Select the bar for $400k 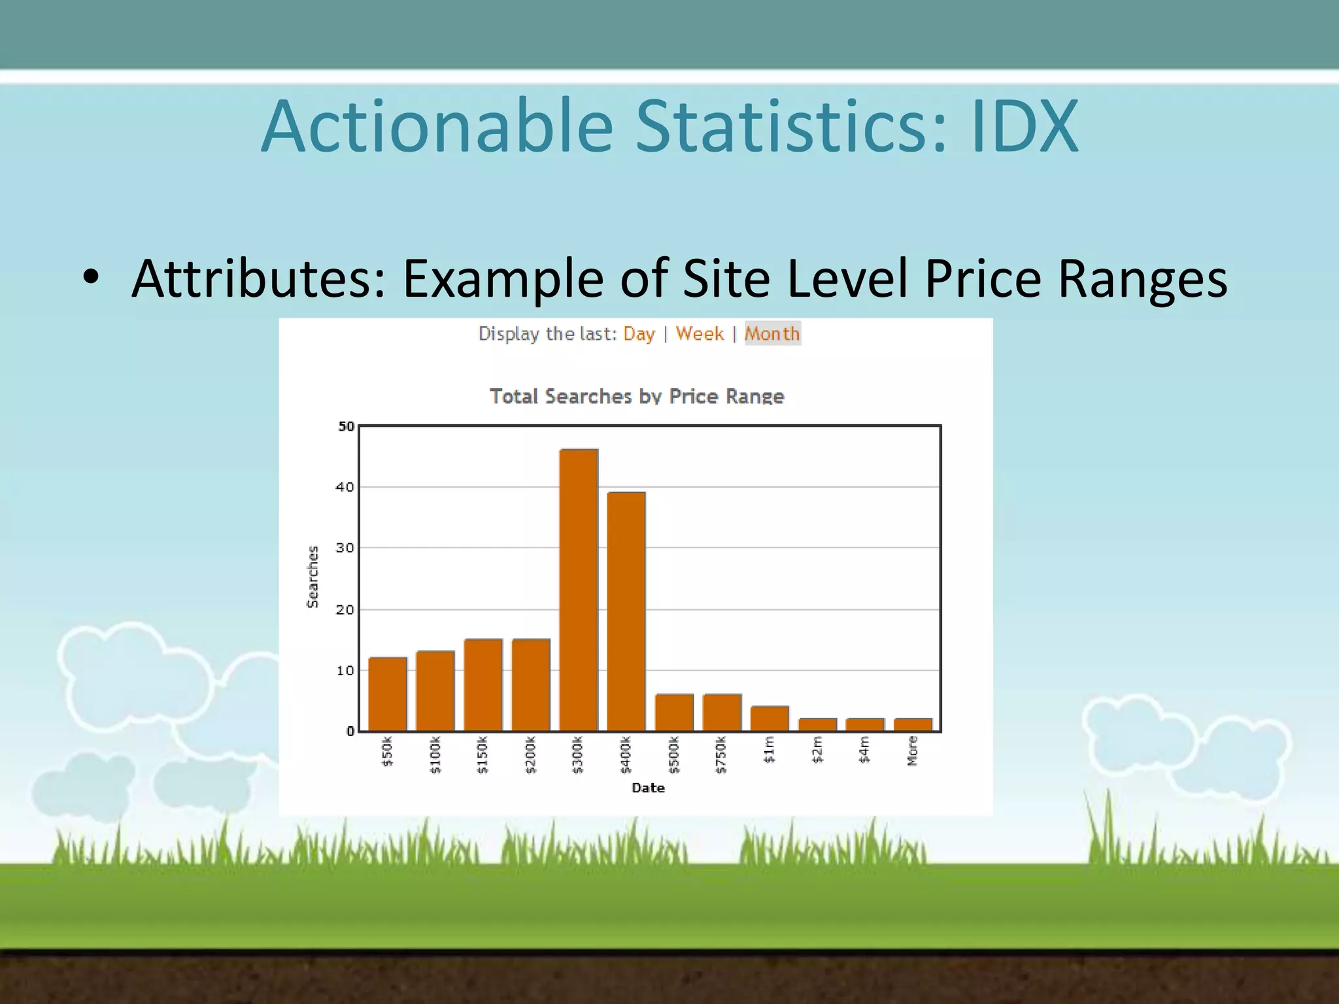tap(626, 611)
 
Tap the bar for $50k tap(388, 694)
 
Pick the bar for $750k tap(722, 712)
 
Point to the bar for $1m tap(770, 718)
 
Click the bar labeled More tap(913, 725)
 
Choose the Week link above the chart tap(700, 334)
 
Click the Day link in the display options tap(639, 334)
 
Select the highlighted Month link tap(772, 334)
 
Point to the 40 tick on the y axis tap(345, 487)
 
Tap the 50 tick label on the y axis tap(346, 426)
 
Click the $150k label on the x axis tap(483, 755)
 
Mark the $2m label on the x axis tap(817, 750)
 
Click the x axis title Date tap(648, 788)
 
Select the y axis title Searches tap(313, 577)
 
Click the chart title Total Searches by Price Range tap(637, 396)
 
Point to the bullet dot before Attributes tap(91, 277)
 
